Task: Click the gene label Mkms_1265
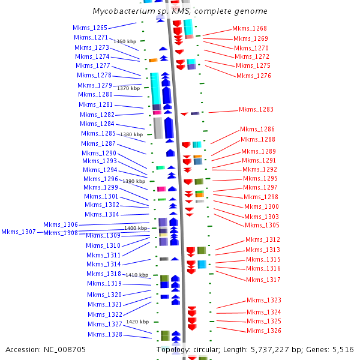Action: point(90,28)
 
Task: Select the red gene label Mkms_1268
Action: point(250,29)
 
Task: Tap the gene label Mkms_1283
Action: point(256,110)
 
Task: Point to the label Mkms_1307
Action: point(19,232)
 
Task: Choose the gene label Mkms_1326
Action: point(264,331)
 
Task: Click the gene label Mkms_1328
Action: point(105,335)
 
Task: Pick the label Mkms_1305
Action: point(262,226)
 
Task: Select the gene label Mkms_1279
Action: point(95,85)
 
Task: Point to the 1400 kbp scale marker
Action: point(136,229)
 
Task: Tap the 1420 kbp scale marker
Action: point(137,322)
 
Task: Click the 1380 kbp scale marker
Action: point(131,135)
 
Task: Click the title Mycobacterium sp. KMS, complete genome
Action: point(180,11)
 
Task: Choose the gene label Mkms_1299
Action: point(101,188)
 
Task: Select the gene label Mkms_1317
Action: point(263,280)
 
